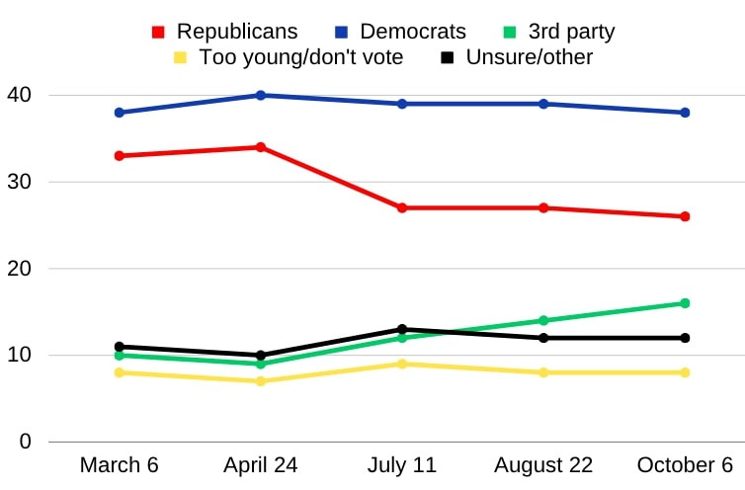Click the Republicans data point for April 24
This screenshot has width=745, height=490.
tap(261, 147)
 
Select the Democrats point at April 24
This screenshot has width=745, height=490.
tap(261, 95)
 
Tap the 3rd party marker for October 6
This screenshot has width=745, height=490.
tap(685, 303)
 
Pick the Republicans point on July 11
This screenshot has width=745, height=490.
tap(402, 207)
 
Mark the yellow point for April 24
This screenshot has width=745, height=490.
tap(261, 380)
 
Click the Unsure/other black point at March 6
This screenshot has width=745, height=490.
tap(120, 347)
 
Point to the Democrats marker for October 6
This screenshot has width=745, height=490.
tap(685, 113)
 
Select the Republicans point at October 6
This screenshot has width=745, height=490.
tap(685, 216)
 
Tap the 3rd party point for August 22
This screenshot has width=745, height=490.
tap(543, 320)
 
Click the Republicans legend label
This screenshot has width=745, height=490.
tap(236, 32)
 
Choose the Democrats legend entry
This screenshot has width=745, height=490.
tap(412, 32)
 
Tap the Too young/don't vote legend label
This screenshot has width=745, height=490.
tap(301, 57)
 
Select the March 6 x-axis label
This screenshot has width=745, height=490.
tap(120, 465)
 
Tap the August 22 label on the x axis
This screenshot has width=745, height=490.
tap(543, 465)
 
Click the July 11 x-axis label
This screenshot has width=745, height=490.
tap(402, 465)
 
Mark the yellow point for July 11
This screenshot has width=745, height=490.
tap(402, 364)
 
